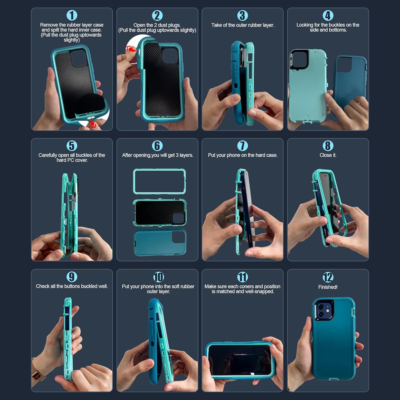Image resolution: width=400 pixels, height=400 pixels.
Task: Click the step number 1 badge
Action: point(72,15)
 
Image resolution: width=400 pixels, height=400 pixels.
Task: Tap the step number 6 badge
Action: point(157,146)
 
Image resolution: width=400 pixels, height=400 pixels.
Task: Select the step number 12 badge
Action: point(328,277)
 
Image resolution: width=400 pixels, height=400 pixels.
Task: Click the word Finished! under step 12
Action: point(328,287)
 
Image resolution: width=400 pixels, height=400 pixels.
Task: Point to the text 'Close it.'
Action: point(328,155)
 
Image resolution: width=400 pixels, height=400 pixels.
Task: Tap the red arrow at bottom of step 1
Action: point(93,122)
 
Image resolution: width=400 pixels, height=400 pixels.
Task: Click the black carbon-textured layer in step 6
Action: point(159,212)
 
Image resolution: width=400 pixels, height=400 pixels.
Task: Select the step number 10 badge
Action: point(158,277)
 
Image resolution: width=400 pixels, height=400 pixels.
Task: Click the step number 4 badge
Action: point(328,15)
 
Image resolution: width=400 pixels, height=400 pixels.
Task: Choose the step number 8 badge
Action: point(328,146)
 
